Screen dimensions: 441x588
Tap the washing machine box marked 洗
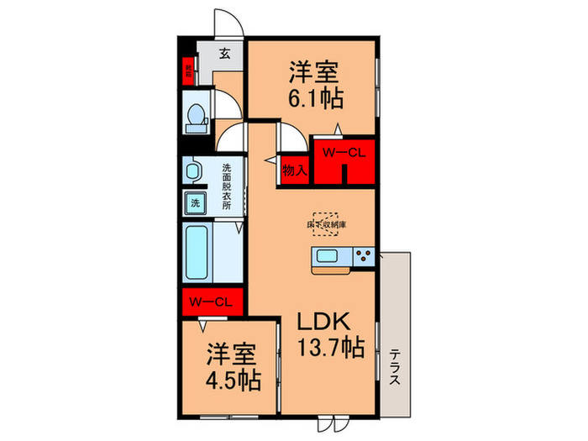[195, 202]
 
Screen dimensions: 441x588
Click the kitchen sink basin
[328, 257]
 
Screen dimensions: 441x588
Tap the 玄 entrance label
[225, 55]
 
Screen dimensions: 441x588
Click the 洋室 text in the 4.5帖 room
[231, 353]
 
